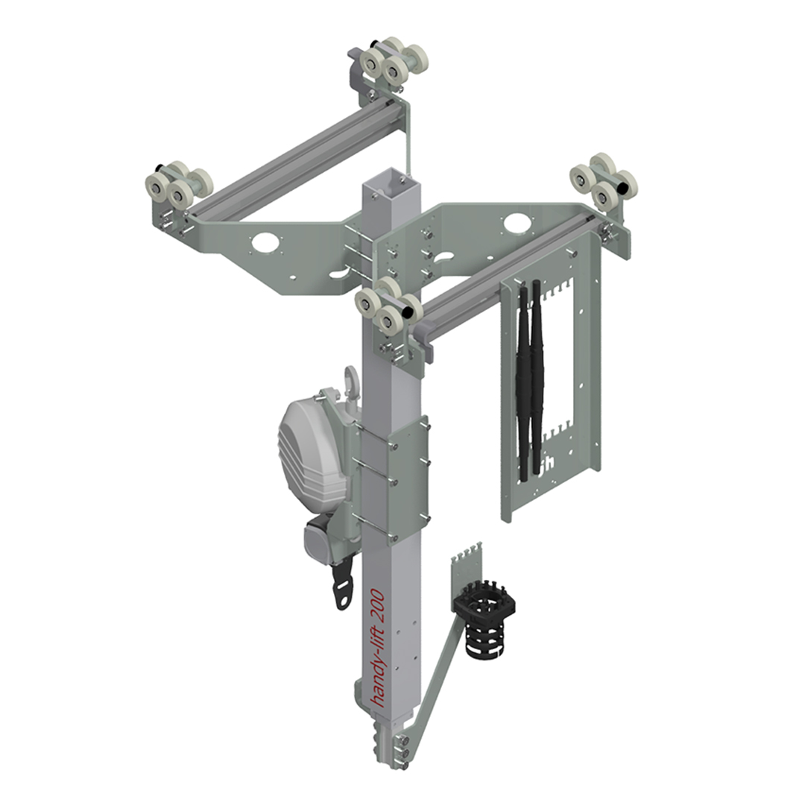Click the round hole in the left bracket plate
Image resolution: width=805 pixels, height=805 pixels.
coord(264,241)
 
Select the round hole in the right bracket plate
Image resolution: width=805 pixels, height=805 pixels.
coord(514,222)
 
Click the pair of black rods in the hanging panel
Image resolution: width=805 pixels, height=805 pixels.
coord(528,380)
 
